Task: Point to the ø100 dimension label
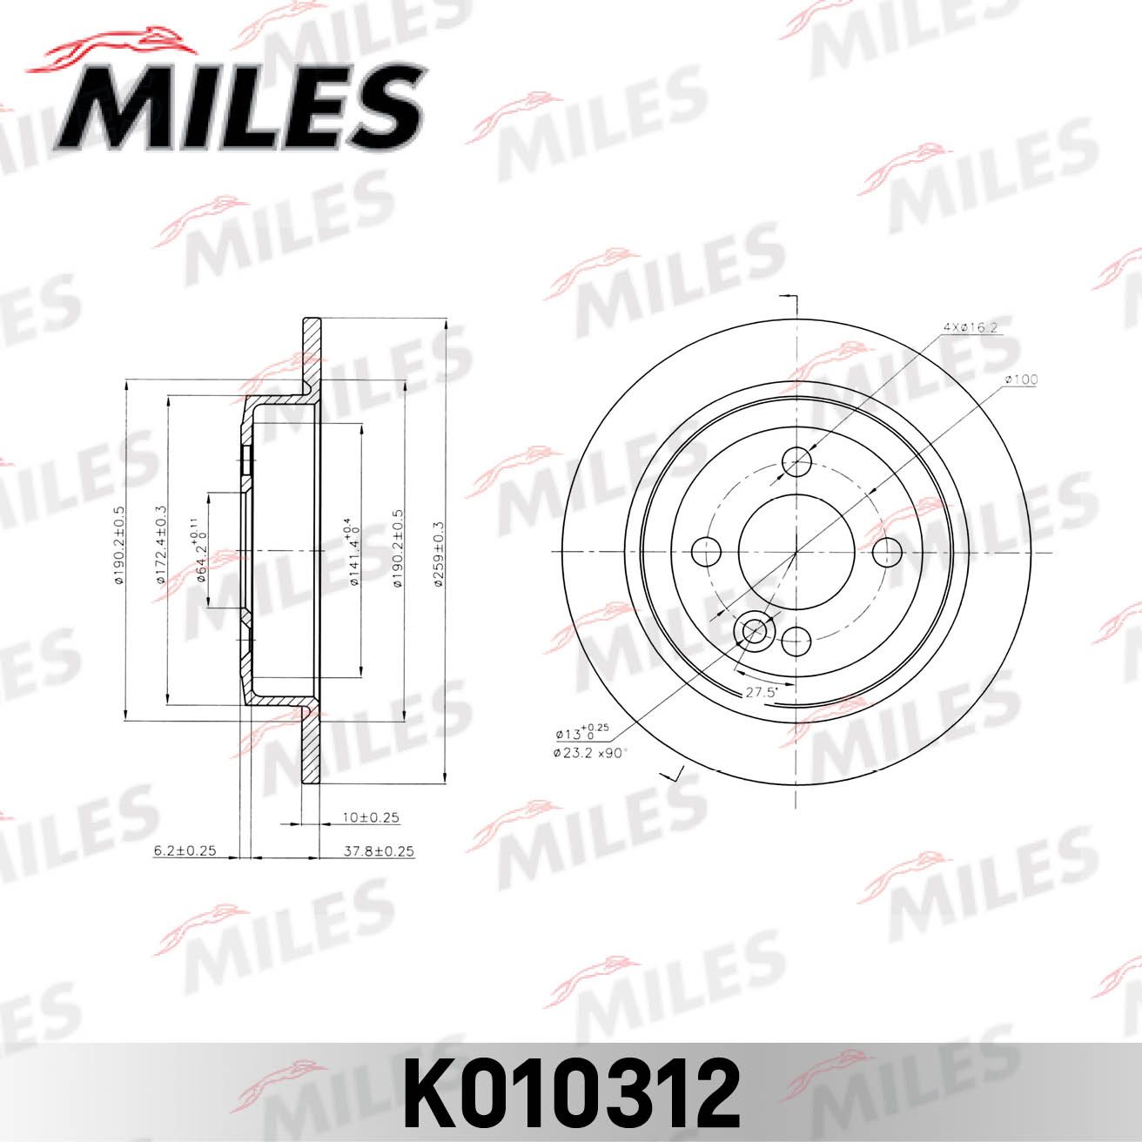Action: point(1021,380)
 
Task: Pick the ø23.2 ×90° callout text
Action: point(589,753)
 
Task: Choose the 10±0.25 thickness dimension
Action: point(369,817)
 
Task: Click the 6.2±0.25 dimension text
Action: point(185,851)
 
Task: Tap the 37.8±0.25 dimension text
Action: point(380,851)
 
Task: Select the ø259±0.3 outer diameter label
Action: point(440,554)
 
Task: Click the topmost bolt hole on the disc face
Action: point(796,461)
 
